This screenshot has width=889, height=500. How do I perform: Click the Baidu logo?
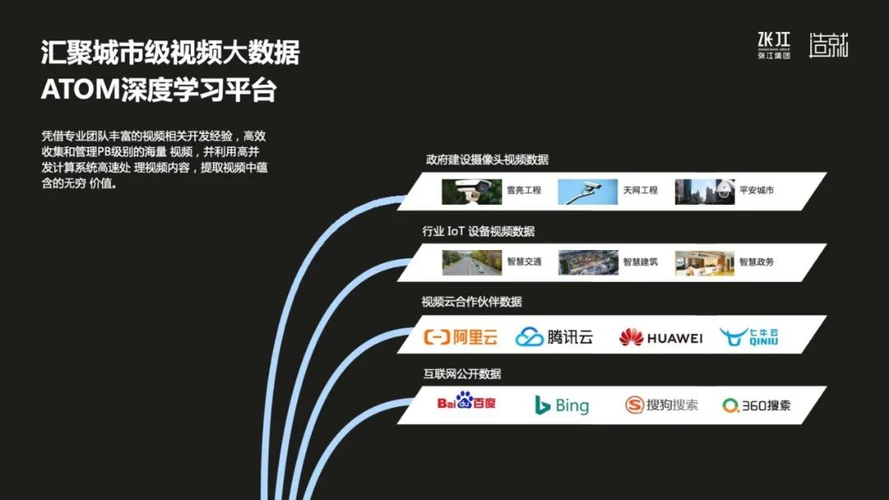[466, 401]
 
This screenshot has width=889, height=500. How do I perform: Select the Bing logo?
[562, 405]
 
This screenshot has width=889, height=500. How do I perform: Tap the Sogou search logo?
[661, 405]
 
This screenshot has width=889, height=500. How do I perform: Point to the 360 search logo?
[756, 405]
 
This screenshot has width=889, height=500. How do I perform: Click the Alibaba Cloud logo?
[460, 337]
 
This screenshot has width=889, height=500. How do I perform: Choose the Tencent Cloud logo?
[554, 337]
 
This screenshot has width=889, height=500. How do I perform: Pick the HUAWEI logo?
[660, 337]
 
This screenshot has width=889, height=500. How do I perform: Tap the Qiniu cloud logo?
[749, 336]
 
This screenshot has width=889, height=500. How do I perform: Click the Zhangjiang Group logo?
[774, 45]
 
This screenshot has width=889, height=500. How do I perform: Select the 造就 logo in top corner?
[828, 44]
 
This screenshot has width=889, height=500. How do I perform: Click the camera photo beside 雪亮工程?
[472, 192]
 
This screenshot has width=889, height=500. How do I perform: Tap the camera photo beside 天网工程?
[588, 192]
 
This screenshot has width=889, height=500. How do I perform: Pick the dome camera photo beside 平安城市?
[705, 192]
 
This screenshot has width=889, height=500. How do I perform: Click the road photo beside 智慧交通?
[472, 262]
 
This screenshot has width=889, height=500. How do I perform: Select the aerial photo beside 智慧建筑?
[588, 262]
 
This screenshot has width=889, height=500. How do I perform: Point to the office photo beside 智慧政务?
[705, 262]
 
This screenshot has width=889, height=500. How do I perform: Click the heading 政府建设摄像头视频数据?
[487, 160]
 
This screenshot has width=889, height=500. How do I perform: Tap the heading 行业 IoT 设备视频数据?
[478, 231]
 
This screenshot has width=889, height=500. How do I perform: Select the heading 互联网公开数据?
[462, 373]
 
